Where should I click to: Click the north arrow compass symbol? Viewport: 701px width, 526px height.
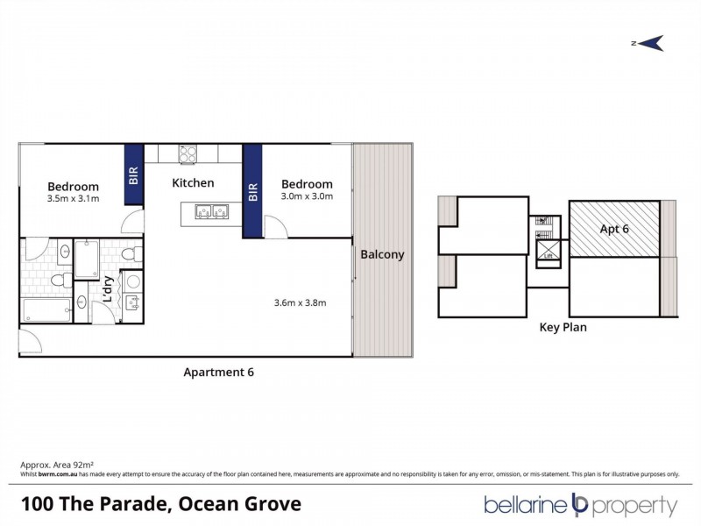coord(648,43)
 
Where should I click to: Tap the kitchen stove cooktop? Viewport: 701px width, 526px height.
coord(188,153)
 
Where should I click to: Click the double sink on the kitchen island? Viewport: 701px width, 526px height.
coord(206,211)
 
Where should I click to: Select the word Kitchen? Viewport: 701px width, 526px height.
coord(193,183)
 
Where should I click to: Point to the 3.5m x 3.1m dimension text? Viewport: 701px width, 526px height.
coord(73,199)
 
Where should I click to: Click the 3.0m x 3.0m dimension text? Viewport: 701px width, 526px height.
coord(307,196)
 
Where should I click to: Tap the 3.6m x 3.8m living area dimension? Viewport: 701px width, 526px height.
coord(300,303)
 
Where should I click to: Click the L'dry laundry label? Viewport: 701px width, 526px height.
coord(108,289)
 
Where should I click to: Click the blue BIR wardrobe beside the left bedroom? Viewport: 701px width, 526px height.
coord(134,174)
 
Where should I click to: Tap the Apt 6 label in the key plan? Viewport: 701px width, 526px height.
coord(614,229)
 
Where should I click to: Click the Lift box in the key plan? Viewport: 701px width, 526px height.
coord(549,252)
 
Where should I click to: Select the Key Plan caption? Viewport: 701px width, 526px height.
coord(563,328)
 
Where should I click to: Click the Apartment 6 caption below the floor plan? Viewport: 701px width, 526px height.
coord(218,372)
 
